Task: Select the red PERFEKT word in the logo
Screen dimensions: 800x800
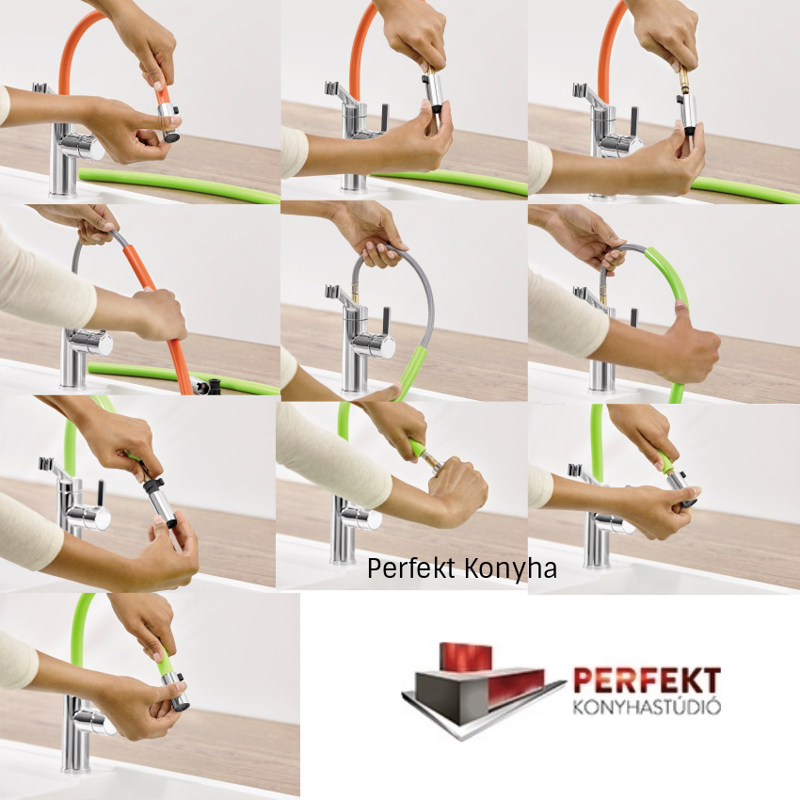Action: coord(647,680)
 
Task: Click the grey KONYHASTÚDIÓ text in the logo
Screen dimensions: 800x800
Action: coord(647,707)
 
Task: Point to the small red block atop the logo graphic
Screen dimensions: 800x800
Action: coord(465,657)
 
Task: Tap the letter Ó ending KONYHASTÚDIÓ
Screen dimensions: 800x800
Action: coord(713,707)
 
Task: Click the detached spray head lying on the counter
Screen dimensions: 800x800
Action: coord(209,386)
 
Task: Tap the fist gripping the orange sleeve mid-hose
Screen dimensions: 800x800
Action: coord(158,314)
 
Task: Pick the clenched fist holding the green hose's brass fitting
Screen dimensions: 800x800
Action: coord(458,489)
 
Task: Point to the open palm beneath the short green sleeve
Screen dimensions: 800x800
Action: coord(377,392)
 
